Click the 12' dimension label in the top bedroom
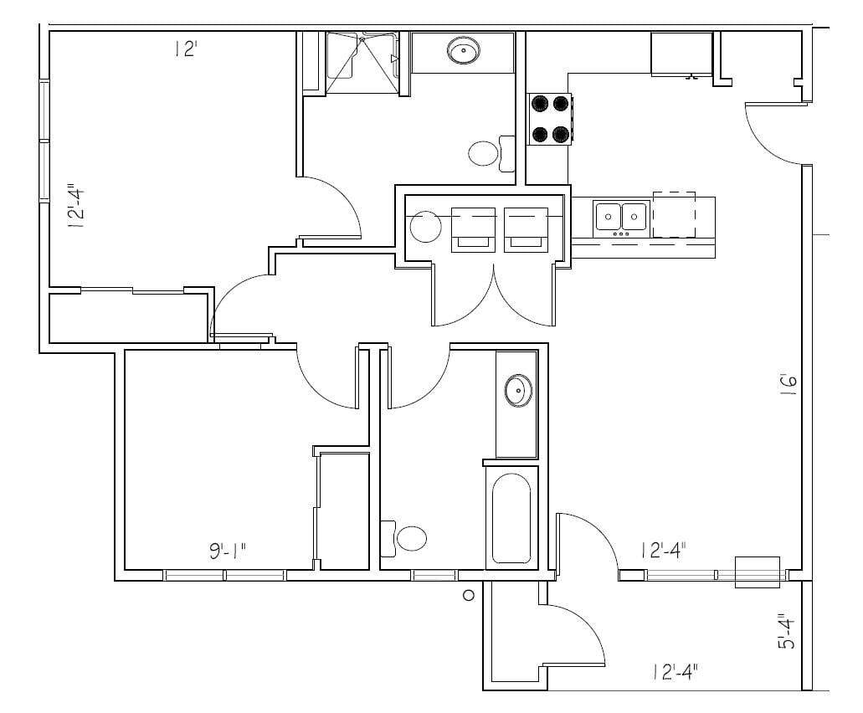[x=185, y=49]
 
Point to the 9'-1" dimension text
[x=228, y=551]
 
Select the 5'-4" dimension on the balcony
[x=784, y=631]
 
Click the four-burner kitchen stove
[x=549, y=118]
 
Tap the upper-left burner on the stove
[x=539, y=104]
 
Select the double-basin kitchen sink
[x=621, y=217]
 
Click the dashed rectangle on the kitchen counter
[x=674, y=214]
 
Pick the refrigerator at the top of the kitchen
[x=681, y=54]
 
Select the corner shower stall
[x=361, y=62]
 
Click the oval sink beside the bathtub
[x=517, y=390]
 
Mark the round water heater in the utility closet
[x=425, y=226]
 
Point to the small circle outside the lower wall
[x=469, y=595]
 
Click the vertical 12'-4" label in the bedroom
[x=76, y=207]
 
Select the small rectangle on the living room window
[x=757, y=572]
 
